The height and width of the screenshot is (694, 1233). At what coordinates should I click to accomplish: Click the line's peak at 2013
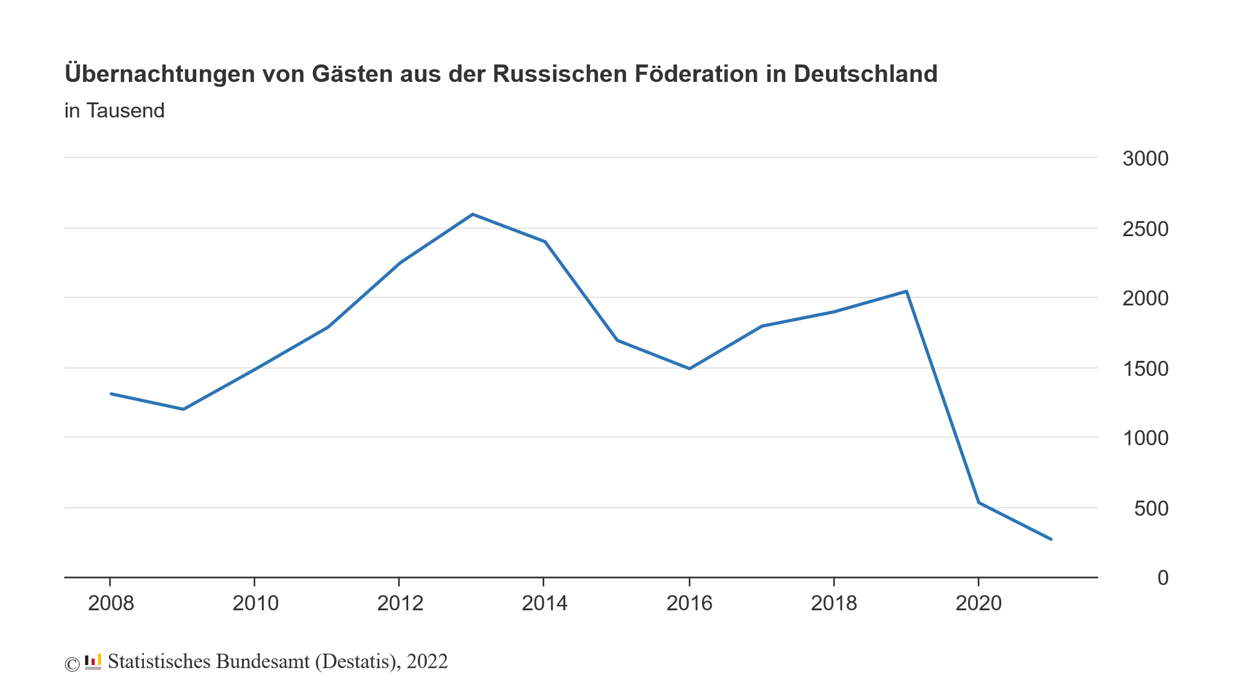click(x=473, y=214)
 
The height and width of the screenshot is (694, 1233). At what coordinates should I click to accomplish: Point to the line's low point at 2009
click(x=183, y=409)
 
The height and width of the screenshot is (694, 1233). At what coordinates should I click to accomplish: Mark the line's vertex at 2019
click(x=906, y=292)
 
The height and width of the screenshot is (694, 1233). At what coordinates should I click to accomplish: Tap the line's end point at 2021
click(x=1051, y=539)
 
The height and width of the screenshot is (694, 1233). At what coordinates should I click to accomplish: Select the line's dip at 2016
click(x=689, y=368)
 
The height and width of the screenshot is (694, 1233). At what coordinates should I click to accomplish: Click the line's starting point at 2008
click(x=111, y=393)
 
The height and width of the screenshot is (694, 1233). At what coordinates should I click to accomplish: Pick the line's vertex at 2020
click(x=979, y=502)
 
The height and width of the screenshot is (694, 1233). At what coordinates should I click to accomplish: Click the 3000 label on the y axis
click(x=1145, y=159)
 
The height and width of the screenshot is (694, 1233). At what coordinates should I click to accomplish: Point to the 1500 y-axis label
click(x=1145, y=369)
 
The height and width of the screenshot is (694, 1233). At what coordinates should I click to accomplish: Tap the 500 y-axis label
click(x=1151, y=508)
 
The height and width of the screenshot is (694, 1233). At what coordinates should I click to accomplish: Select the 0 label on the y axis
click(x=1163, y=578)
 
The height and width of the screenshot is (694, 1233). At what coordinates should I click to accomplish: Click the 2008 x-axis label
click(x=111, y=603)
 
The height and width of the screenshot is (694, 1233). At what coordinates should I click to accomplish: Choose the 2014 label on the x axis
click(x=544, y=603)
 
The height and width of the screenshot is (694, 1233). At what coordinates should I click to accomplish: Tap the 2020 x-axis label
click(x=978, y=603)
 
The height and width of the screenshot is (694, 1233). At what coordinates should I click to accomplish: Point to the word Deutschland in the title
click(x=865, y=74)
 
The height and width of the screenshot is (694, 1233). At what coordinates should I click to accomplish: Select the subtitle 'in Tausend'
click(x=114, y=111)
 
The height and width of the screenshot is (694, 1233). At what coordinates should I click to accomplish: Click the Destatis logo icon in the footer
click(x=93, y=661)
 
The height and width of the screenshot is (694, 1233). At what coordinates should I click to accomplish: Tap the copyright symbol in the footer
click(x=72, y=664)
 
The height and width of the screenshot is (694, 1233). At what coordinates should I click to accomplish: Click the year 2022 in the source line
click(x=427, y=661)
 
